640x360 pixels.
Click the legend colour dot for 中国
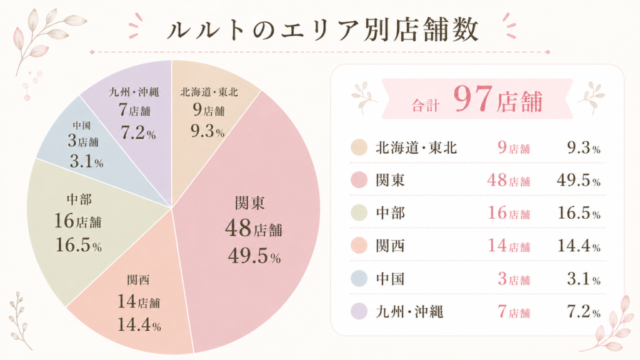(359, 279)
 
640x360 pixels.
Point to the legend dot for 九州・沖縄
(359, 311)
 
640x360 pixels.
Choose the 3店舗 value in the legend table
(513, 279)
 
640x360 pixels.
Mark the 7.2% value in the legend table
(582, 311)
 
